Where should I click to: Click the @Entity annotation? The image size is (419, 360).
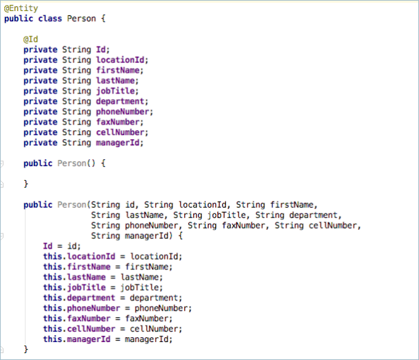pos(21,8)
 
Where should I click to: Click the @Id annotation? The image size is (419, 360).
pos(30,39)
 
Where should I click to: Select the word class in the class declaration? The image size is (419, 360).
pos(50,19)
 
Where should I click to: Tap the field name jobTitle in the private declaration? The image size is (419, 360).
pos(116,91)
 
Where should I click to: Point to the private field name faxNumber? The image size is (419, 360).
pos(118,122)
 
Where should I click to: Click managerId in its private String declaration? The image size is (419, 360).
pos(118,143)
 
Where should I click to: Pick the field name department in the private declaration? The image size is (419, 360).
pos(121,102)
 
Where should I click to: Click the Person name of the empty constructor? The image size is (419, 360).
pos(72,163)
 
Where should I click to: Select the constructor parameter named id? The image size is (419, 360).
pos(130,205)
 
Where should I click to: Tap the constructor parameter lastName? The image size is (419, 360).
pos(145,215)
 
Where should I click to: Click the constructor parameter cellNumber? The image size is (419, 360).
pos(332,226)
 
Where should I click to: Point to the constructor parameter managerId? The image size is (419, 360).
pos(147,236)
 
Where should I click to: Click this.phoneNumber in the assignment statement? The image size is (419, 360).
pos(82,308)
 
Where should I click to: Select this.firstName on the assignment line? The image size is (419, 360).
pos(77,267)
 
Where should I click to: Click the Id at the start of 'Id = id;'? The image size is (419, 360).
pos(48,246)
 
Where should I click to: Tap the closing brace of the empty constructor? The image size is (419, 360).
pos(26,184)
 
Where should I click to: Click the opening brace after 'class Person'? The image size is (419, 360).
pos(103,19)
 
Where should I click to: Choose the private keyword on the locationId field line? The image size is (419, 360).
pos(40,60)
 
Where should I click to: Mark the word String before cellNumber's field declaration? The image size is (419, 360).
pos(77,132)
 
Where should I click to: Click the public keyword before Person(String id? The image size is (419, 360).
pos(38,205)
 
